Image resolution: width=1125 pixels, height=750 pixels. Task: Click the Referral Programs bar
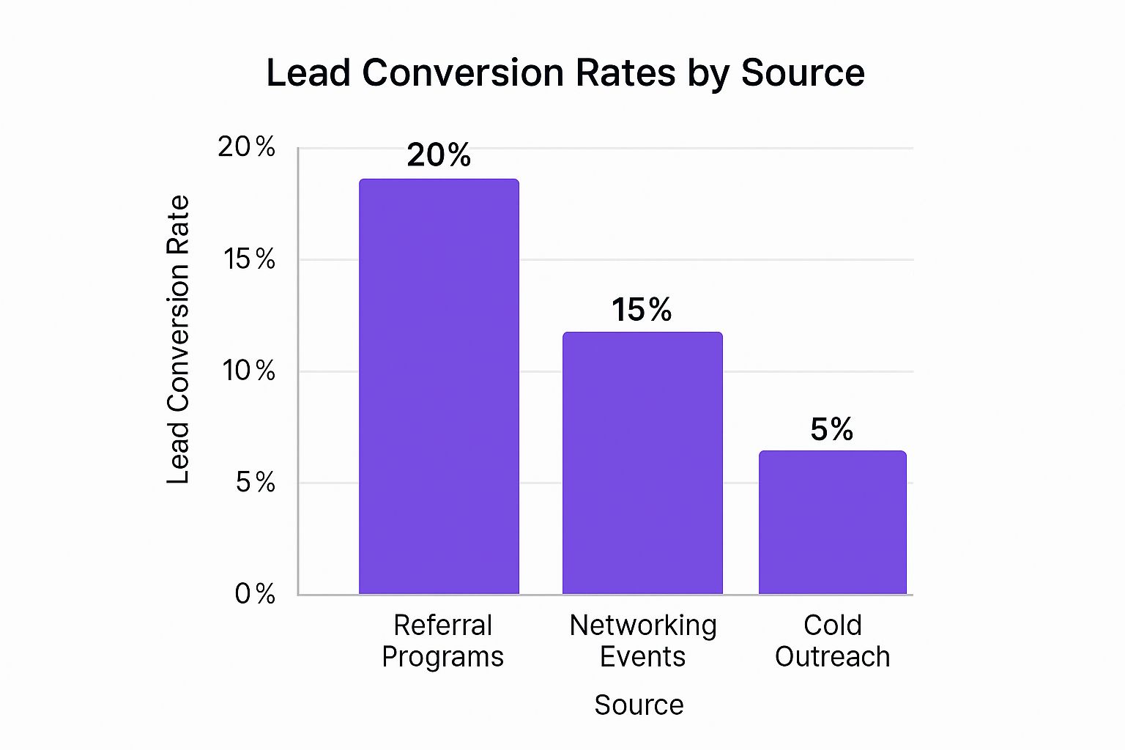[439, 386]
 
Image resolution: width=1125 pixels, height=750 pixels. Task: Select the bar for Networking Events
[642, 463]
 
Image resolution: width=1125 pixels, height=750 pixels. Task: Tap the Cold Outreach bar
[832, 522]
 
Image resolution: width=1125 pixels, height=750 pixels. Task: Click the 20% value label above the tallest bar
[439, 155]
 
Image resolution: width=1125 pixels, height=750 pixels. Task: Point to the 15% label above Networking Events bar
[642, 310]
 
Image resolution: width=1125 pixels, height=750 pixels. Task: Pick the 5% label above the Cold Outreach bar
[831, 429]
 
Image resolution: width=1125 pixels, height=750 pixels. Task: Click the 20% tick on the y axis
[247, 147]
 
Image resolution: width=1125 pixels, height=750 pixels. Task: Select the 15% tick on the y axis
[250, 259]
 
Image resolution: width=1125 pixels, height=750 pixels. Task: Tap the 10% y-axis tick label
[249, 371]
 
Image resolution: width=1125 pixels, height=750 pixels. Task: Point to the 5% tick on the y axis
[256, 482]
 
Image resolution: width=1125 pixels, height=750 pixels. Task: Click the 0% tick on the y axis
[255, 593]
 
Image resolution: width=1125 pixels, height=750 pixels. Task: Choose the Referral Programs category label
[442, 641]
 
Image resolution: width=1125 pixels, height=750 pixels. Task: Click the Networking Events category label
[643, 641]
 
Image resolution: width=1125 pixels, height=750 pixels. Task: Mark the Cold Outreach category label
[833, 641]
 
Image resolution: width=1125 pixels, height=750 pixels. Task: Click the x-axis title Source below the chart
[639, 705]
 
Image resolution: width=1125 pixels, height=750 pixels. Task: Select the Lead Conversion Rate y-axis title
[178, 339]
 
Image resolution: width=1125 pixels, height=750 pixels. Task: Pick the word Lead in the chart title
[308, 73]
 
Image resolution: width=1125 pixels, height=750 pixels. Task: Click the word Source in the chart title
[803, 73]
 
